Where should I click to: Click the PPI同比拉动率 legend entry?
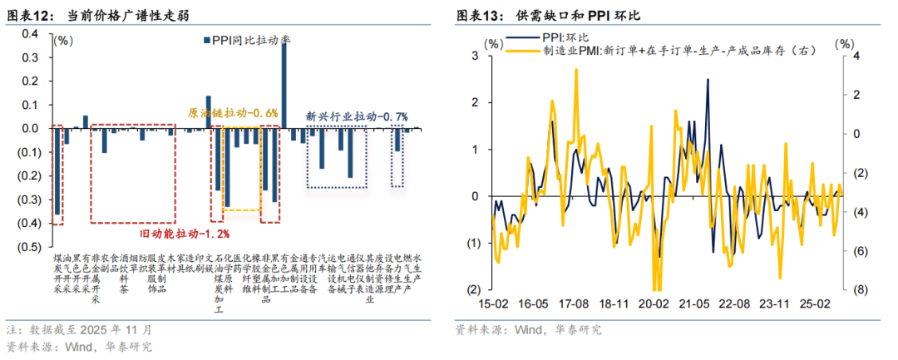247,38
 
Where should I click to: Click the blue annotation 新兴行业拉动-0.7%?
357,116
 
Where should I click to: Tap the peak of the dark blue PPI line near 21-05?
708,80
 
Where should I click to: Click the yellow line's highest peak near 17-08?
575,70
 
